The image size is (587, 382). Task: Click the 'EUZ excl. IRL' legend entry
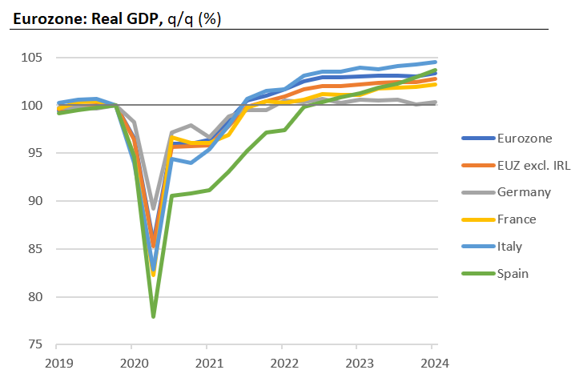[533, 165]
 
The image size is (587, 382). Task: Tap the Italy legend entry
[513, 247]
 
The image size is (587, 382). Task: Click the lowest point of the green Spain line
[153, 316]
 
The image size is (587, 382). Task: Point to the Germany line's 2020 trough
[153, 209]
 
